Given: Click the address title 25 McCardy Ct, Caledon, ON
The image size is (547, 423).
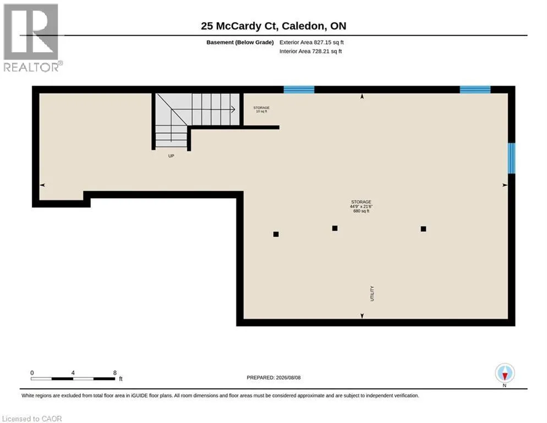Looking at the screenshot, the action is pyautogui.click(x=273, y=26).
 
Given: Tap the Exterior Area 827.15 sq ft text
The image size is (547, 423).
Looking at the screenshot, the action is pyautogui.click(x=311, y=42).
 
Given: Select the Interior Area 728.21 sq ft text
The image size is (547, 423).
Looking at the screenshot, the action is pyautogui.click(x=310, y=51).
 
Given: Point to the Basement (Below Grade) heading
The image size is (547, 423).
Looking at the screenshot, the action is pyautogui.click(x=240, y=42).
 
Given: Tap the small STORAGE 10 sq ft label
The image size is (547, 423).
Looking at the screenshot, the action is pyautogui.click(x=261, y=110).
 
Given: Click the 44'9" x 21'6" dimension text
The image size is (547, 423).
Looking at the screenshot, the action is pyautogui.click(x=361, y=207).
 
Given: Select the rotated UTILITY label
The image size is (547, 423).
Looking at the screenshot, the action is pyautogui.click(x=372, y=294).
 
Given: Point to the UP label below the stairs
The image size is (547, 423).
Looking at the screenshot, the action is pyautogui.click(x=171, y=156).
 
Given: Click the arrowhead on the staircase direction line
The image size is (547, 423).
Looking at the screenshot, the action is pyautogui.click(x=233, y=110).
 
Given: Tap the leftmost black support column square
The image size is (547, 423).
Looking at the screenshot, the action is pyautogui.click(x=276, y=235).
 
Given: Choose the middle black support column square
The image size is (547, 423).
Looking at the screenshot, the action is pyautogui.click(x=335, y=228).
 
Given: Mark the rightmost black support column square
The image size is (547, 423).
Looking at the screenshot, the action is pyautogui.click(x=423, y=229).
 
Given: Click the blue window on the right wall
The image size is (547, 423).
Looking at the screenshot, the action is pyautogui.click(x=511, y=158).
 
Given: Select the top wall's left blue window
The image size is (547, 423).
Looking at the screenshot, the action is pyautogui.click(x=299, y=89).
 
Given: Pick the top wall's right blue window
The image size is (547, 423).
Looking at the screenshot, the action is pyautogui.click(x=475, y=89).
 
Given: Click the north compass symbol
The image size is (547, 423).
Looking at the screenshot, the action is pyautogui.click(x=505, y=373).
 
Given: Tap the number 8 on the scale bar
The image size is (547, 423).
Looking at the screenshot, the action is pyautogui.click(x=115, y=373).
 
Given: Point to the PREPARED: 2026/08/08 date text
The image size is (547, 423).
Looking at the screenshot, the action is pyautogui.click(x=273, y=378).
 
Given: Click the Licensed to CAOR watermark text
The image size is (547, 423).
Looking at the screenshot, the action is pyautogui.click(x=32, y=419).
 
